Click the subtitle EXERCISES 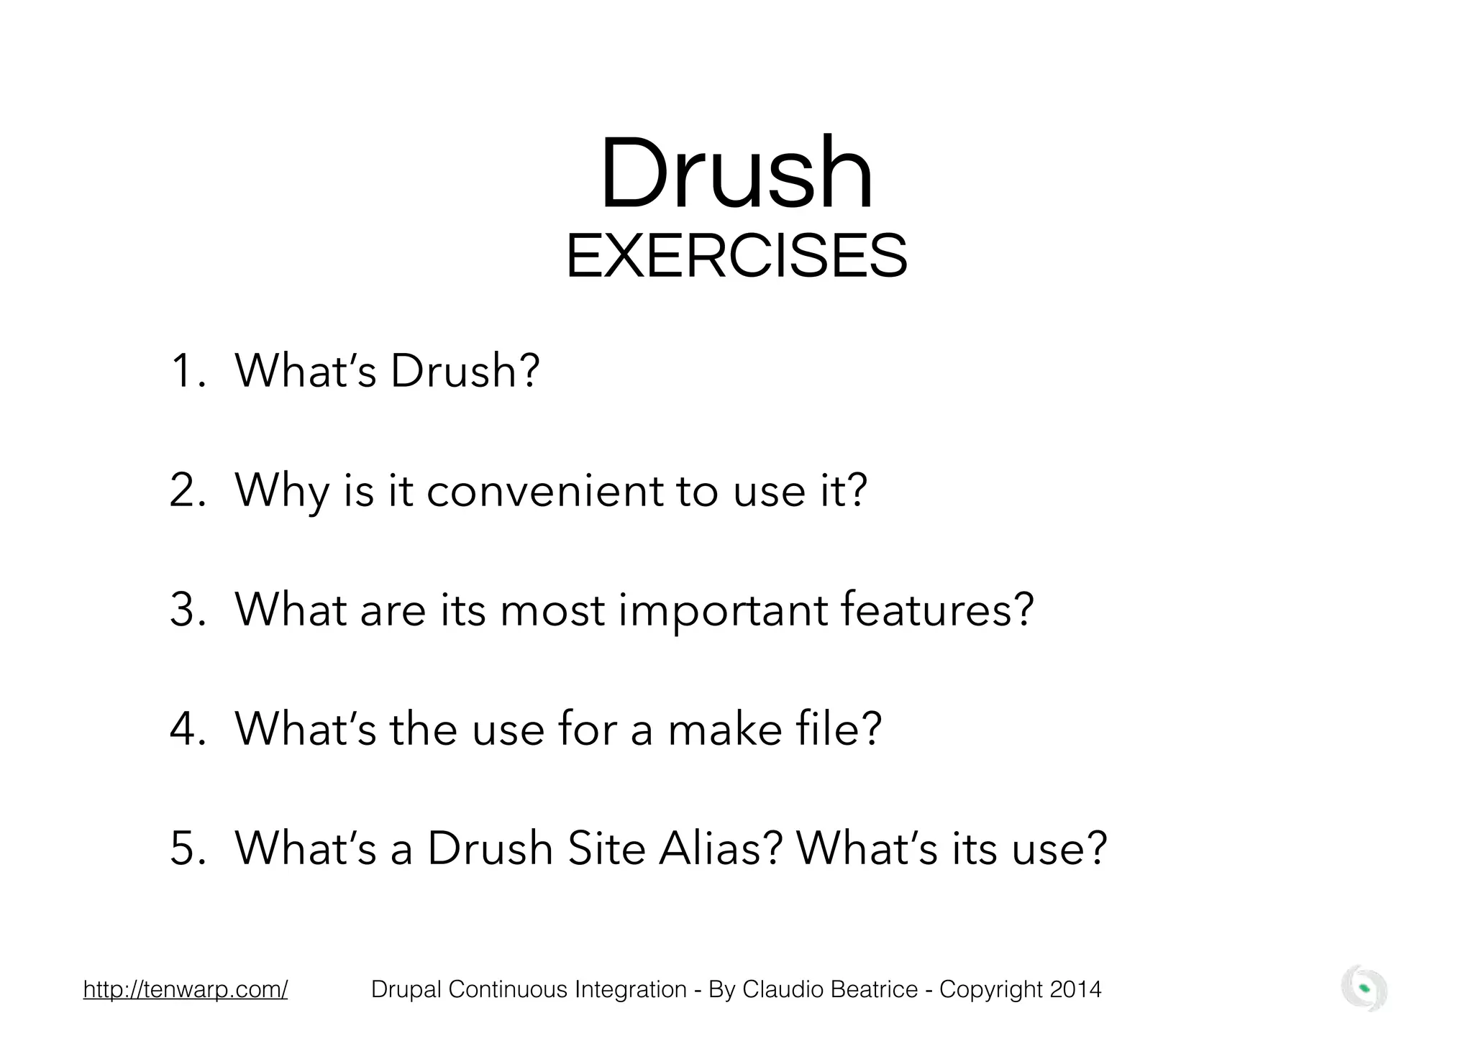point(736,257)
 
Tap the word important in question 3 point(723,611)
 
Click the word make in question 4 point(725,729)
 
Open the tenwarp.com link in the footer point(186,989)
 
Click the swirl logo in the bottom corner point(1364,988)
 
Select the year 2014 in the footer point(1075,989)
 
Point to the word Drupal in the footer point(406,989)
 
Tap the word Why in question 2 point(283,492)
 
